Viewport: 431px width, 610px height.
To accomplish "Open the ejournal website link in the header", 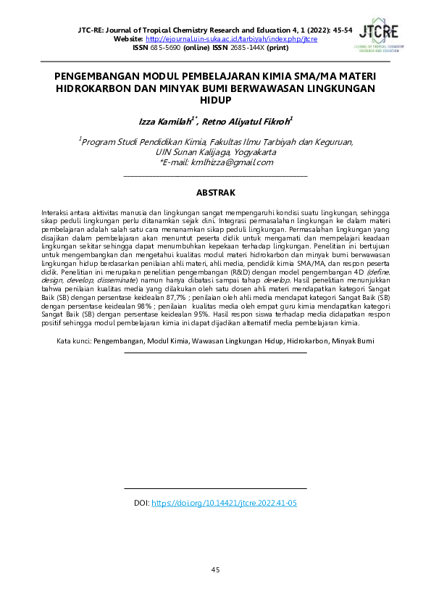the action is tap(231, 38).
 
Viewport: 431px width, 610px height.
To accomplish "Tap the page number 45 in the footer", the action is tap(215, 570).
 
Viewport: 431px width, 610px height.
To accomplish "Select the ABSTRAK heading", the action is tap(215, 193).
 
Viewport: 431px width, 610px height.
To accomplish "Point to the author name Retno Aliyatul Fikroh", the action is tap(248, 122).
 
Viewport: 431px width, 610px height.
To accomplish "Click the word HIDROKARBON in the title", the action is tap(96, 89).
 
